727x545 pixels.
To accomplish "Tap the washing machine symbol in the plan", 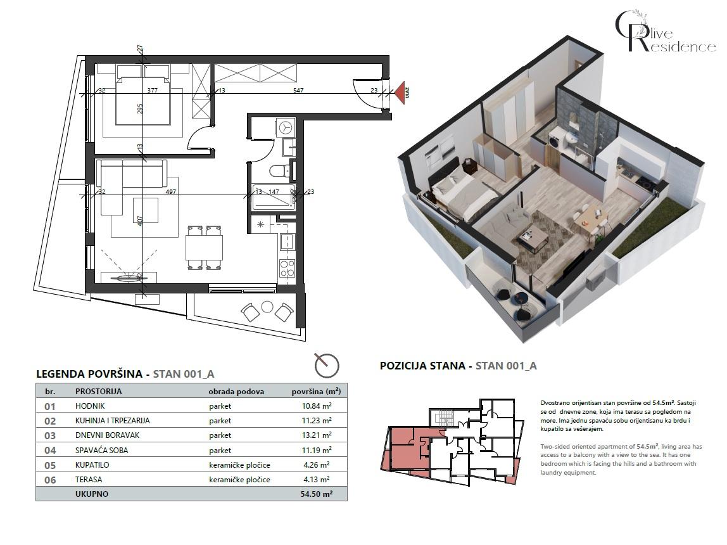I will click(286, 127).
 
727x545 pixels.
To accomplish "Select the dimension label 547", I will click(298, 91).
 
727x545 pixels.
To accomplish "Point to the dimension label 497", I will click(170, 191).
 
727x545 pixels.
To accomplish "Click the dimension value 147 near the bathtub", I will click(274, 191).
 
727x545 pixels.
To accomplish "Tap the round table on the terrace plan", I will click(267, 307).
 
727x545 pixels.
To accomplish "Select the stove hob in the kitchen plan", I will click(287, 269).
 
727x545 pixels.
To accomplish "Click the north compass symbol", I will click(327, 365).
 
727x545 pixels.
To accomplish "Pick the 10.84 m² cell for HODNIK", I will click(317, 406).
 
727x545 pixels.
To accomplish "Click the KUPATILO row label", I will click(92, 465).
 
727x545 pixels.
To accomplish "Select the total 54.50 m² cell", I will click(317, 494).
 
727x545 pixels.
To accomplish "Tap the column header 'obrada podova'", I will click(236, 392).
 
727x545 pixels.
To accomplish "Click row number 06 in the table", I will click(50, 480).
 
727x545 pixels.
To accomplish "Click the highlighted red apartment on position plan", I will click(403, 450).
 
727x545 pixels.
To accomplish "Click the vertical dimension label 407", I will click(140, 221).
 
